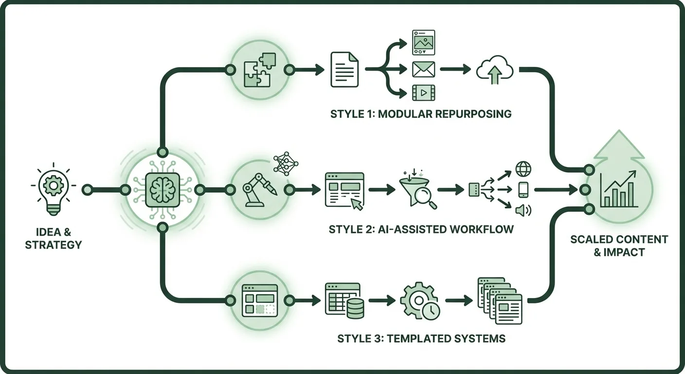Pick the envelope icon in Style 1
423,70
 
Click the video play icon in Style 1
423,92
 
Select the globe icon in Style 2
523,169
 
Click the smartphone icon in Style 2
523,190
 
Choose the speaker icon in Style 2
523,211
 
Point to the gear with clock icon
420,302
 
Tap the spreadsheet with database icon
344,301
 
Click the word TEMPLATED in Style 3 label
415,338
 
